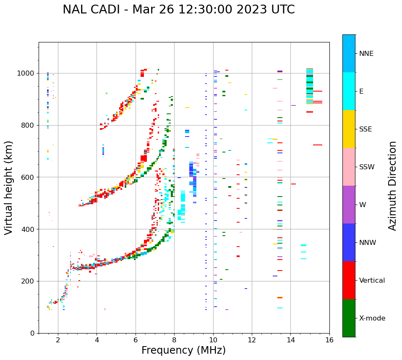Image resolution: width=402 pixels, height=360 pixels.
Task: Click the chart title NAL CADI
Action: pos(178,10)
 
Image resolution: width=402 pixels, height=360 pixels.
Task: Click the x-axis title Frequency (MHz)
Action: pos(183,350)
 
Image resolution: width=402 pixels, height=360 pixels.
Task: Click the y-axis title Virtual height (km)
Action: pos(9,187)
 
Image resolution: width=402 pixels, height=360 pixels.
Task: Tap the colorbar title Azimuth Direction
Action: pos(392,185)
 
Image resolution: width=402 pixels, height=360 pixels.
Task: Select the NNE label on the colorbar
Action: pos(366,54)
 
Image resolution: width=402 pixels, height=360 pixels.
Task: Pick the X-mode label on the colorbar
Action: pos(372,318)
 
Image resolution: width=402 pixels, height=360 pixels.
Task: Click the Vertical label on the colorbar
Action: pos(372,281)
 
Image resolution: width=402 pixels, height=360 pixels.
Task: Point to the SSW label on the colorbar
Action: pos(367,167)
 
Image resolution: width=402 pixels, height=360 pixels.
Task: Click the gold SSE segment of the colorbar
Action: pos(349,129)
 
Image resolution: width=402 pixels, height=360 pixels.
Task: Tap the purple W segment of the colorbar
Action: pos(349,205)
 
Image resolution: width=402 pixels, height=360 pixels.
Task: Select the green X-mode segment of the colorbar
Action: pos(349,318)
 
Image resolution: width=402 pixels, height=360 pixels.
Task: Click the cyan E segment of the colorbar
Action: pos(349,91)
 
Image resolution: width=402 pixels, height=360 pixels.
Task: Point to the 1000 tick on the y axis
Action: pos(27,73)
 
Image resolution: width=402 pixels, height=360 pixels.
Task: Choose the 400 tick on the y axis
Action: pos(29,229)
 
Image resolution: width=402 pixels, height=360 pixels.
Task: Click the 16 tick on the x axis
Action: pos(329,340)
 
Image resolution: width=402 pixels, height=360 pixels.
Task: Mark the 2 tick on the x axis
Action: pos(58,340)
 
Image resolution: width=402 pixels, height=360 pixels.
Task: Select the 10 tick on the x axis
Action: pos(213,340)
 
